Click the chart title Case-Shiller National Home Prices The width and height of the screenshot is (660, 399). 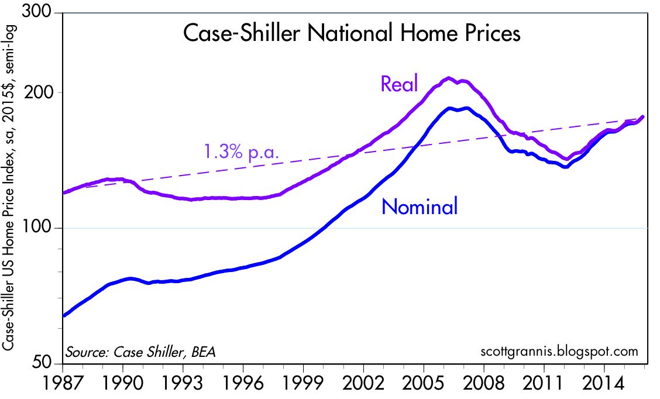click(352, 33)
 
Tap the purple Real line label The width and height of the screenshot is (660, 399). click(399, 84)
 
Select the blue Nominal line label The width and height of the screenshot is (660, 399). click(419, 207)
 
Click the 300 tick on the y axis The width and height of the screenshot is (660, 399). click(46, 13)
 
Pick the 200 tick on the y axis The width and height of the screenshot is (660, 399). click(46, 92)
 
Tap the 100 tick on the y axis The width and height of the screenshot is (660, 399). click(46, 228)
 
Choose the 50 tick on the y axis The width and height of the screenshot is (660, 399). click(50, 363)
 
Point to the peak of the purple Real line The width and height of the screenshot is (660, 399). click(448, 78)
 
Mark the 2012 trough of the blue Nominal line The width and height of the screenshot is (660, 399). click(565, 167)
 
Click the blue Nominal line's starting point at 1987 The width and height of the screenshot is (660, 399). click(64, 315)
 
